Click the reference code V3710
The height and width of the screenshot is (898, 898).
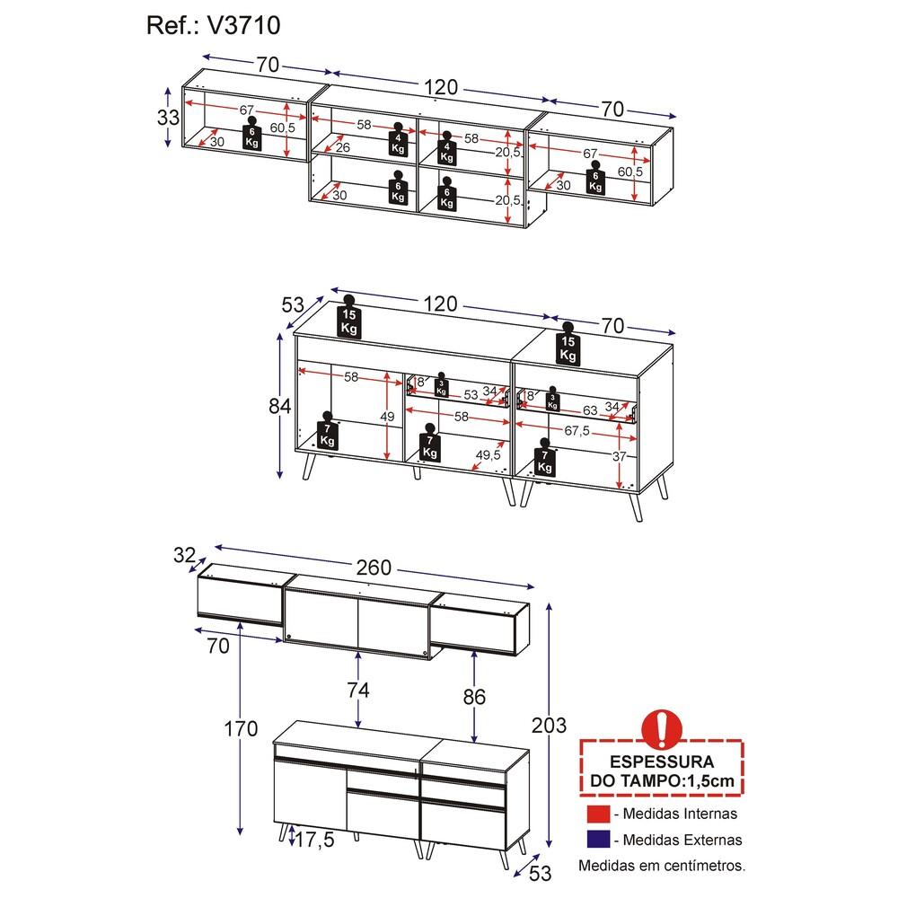[243, 26]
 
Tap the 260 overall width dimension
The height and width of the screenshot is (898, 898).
[374, 568]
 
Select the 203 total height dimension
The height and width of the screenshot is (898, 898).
[549, 726]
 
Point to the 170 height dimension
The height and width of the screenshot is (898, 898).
[241, 729]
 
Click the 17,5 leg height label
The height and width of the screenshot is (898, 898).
[314, 841]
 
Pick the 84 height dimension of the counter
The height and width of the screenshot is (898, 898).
[280, 406]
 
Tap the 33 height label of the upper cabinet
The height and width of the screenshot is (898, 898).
[169, 118]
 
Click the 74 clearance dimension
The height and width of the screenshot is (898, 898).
[358, 690]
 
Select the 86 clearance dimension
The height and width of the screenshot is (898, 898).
[474, 697]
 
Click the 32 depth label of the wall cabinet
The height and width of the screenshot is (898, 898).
[184, 555]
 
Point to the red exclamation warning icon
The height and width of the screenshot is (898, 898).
[662, 730]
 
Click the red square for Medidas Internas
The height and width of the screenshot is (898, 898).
[598, 814]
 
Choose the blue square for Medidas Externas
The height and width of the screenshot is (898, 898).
[598, 840]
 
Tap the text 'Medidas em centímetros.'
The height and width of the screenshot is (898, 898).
[662, 866]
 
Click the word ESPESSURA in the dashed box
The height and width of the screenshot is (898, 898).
[662, 762]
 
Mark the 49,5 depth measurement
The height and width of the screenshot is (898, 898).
[488, 454]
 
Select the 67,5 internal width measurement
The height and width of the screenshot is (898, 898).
[577, 431]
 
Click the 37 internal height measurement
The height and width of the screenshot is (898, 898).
[619, 456]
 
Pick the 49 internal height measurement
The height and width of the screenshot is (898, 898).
[387, 417]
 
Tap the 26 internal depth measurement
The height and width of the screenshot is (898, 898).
[342, 148]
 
